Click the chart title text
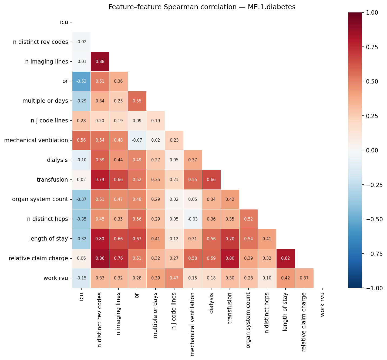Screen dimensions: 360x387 click(202, 7)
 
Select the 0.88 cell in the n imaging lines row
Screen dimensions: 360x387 click(100, 62)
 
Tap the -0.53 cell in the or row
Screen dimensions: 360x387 click(81, 81)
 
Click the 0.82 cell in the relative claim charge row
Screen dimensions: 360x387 click(286, 258)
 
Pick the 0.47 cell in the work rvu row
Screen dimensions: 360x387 click(174, 278)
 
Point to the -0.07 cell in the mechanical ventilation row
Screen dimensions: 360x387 click(137, 140)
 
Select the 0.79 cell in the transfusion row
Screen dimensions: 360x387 click(100, 180)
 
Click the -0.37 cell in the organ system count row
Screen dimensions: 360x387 click(81, 199)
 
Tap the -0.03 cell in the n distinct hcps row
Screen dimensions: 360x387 click(193, 219)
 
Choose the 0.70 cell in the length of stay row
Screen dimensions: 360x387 click(230, 239)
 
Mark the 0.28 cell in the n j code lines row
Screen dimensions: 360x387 click(81, 121)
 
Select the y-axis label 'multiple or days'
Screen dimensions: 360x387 click(45, 101)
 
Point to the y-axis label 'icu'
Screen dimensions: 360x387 click(64, 22)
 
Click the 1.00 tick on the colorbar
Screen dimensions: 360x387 click(372, 12)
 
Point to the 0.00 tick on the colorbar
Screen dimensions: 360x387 click(372, 150)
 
